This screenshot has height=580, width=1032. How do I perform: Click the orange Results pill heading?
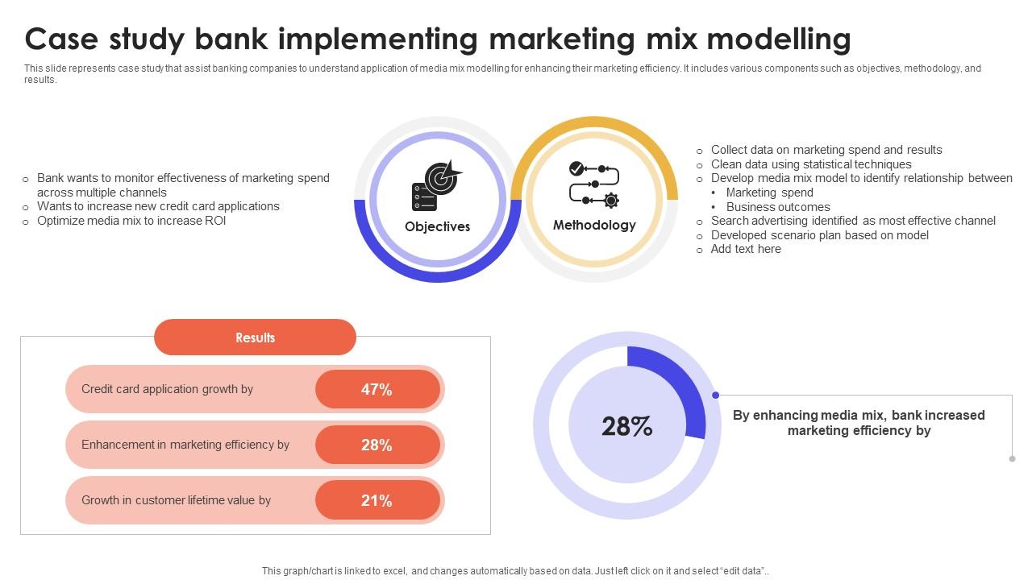(255, 337)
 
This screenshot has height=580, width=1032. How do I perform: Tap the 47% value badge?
(377, 389)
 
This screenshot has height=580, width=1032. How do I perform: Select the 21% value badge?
(377, 500)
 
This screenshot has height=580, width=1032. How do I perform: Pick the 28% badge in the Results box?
(377, 445)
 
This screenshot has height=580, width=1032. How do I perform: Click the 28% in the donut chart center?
(627, 426)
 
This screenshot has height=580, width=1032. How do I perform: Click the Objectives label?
(437, 226)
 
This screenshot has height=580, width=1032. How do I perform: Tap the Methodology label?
(594, 225)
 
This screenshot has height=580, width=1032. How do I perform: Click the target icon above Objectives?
(436, 185)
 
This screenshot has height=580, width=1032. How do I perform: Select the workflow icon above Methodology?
(594, 184)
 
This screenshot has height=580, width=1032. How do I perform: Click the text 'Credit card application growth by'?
(167, 389)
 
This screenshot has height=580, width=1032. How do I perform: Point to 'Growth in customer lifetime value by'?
(176, 500)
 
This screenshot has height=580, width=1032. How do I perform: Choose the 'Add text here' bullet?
(746, 249)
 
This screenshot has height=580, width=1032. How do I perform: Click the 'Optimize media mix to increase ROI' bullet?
(131, 221)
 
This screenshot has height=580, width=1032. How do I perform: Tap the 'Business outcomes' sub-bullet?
(778, 207)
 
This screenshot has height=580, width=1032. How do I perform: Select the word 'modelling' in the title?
(779, 39)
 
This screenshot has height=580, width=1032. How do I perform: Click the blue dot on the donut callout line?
(715, 395)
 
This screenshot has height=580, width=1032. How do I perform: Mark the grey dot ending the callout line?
(1012, 459)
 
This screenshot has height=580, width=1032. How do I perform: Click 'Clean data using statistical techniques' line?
(811, 164)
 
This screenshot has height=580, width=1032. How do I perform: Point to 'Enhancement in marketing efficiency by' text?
(185, 445)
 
